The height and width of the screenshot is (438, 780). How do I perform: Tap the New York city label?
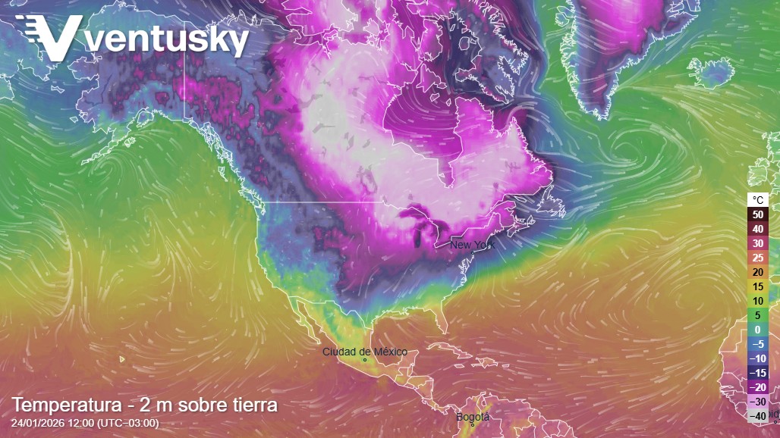click(472, 245)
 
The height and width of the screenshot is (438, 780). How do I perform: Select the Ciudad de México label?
click(364, 352)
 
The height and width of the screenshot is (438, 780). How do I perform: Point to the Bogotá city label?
click(473, 417)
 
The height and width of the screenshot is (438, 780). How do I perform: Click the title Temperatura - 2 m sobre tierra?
click(144, 405)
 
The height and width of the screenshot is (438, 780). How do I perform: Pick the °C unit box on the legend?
click(758, 200)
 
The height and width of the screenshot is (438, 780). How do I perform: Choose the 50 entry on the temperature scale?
click(758, 214)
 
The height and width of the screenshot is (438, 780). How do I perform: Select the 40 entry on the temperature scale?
click(758, 229)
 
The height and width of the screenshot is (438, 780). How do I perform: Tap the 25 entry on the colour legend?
click(758, 258)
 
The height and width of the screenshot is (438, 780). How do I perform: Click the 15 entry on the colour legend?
click(758, 286)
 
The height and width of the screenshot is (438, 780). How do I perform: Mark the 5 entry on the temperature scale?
click(758, 315)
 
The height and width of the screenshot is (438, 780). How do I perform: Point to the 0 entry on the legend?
click(758, 330)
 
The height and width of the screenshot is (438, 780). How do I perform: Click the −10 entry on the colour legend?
click(758, 358)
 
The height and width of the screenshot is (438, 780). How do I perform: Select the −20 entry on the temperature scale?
click(758, 387)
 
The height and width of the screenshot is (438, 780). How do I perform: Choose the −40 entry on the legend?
click(758, 416)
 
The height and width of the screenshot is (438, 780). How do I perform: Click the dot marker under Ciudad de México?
click(365, 360)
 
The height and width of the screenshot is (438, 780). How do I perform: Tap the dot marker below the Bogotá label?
click(472, 425)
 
